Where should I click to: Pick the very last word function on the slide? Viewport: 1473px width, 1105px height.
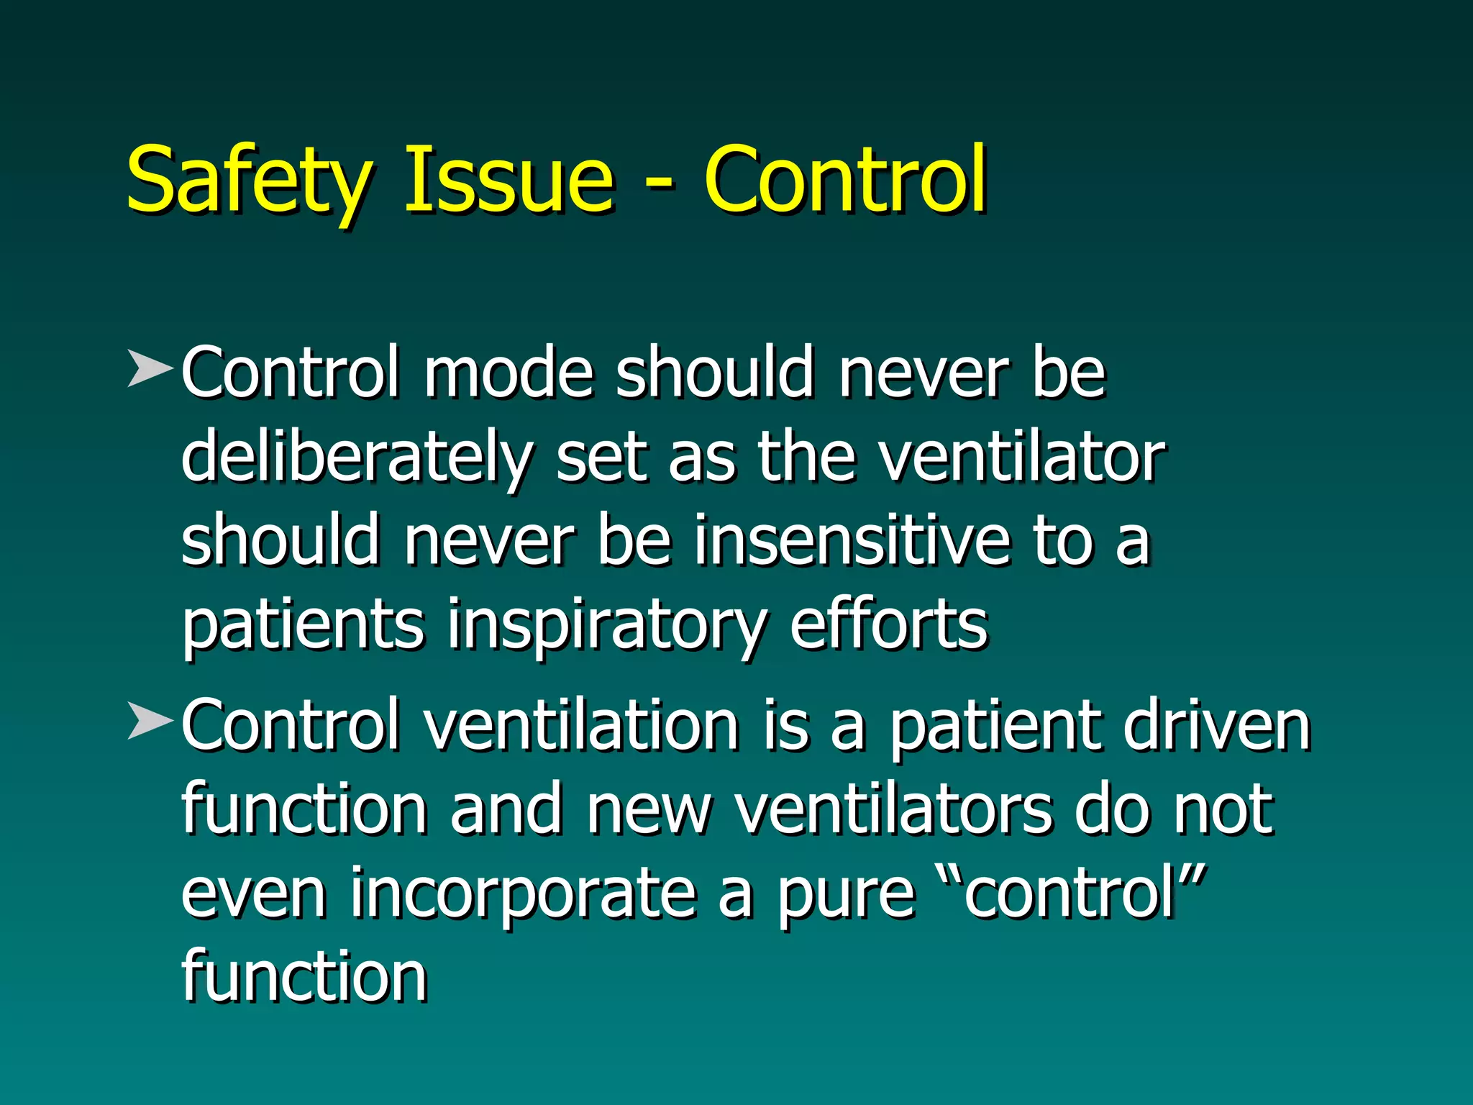click(x=304, y=976)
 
